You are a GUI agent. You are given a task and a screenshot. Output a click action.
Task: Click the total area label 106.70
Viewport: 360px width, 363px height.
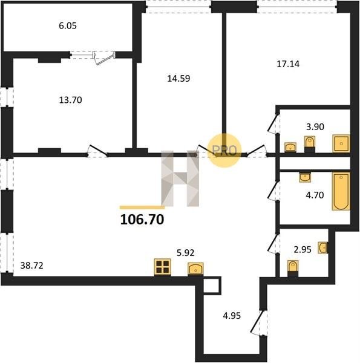coord(142,220)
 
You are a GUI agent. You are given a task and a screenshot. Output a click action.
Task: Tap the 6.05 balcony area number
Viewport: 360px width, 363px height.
coord(68,25)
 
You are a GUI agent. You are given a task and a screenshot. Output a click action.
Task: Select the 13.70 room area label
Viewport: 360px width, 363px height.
coord(70,100)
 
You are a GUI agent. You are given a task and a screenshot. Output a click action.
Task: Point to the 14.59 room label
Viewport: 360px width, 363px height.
coord(178,79)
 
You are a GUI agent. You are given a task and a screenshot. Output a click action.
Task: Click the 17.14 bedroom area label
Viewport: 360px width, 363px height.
coord(288,64)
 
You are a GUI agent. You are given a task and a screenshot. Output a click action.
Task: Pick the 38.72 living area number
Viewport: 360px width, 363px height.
coord(31,266)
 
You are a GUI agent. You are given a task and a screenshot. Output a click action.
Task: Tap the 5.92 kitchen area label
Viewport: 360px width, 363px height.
coord(185,253)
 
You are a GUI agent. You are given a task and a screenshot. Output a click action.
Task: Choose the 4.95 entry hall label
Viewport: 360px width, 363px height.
coord(232,316)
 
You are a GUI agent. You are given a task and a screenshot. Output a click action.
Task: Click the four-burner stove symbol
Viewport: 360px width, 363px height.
coord(163,267)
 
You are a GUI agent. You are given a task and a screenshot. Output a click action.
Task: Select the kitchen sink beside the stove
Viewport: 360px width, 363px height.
coord(195,269)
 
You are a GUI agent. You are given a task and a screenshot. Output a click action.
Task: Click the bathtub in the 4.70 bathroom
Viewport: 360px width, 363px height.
coord(341,191)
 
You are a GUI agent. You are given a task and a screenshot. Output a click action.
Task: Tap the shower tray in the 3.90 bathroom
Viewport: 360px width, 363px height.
coord(341,144)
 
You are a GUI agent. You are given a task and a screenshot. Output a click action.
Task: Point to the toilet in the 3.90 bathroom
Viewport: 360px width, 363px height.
coord(309,144)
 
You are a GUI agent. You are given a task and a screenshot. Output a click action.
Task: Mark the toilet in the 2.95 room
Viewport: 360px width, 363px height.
coord(293,268)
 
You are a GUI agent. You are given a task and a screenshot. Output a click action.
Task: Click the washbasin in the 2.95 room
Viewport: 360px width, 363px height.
coord(322,247)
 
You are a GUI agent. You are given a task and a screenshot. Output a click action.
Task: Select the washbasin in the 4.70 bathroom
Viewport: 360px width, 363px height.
coord(305,177)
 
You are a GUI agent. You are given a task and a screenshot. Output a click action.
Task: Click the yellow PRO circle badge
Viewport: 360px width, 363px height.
coord(224,151)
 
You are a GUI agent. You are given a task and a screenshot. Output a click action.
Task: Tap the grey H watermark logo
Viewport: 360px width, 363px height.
coord(180,178)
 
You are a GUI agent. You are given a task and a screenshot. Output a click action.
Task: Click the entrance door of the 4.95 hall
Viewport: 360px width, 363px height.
coord(260,322)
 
